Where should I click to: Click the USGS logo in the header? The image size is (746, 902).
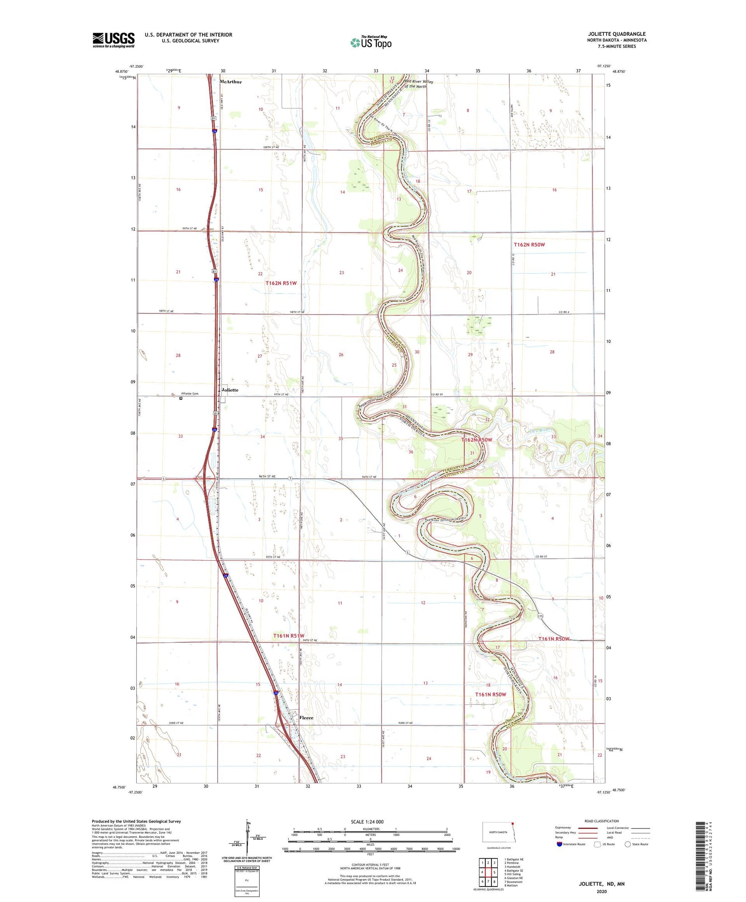(113, 40)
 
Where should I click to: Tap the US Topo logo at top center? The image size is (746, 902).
(371, 42)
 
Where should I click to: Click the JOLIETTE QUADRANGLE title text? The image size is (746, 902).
(617, 34)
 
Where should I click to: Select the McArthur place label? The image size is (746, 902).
(231, 82)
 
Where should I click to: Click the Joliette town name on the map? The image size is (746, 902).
(230, 390)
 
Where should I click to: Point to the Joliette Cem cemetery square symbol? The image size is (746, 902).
(181, 398)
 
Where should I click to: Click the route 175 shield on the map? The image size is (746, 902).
(541, 616)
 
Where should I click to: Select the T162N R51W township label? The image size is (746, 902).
(281, 283)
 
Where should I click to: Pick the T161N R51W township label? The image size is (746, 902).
(288, 636)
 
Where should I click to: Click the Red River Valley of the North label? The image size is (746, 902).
(418, 84)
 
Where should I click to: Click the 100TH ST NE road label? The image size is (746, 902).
(271, 147)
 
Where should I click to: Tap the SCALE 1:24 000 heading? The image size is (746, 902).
(367, 821)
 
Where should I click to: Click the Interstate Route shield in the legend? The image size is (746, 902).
(559, 844)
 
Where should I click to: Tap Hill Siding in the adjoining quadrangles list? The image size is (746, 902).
(513, 874)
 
